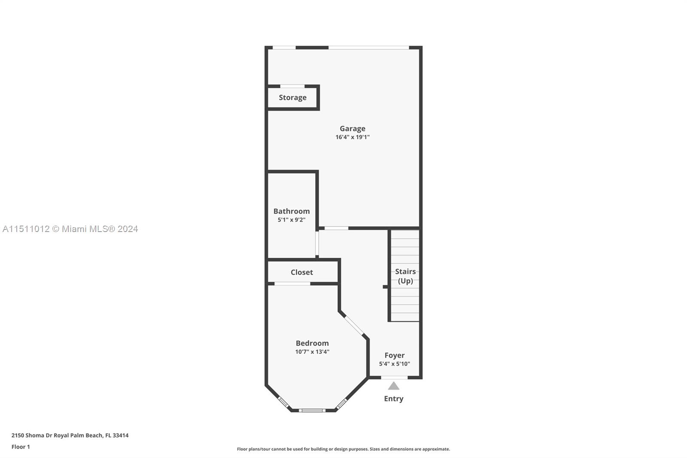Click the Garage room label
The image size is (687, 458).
[353, 128]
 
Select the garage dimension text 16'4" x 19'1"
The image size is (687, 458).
[353, 137]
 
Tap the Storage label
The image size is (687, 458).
[292, 98]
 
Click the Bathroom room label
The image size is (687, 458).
[292, 211]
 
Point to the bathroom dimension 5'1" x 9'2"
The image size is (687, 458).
[292, 220]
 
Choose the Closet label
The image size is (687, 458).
[302, 272]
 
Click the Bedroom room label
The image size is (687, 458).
[312, 343]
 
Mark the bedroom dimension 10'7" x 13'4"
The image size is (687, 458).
[312, 352]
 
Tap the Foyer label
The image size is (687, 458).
[395, 355]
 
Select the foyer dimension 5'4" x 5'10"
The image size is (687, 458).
[395, 364]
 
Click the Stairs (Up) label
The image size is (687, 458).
[405, 276]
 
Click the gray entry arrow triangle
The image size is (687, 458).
[394, 386]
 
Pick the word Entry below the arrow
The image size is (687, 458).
[394, 399]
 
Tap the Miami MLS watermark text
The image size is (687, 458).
[70, 229]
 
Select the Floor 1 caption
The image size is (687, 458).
[21, 447]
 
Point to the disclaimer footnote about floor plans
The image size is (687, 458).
[343, 449]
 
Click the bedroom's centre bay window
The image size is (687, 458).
[312, 410]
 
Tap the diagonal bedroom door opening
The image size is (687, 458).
[354, 325]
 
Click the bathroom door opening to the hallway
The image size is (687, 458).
[317, 244]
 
